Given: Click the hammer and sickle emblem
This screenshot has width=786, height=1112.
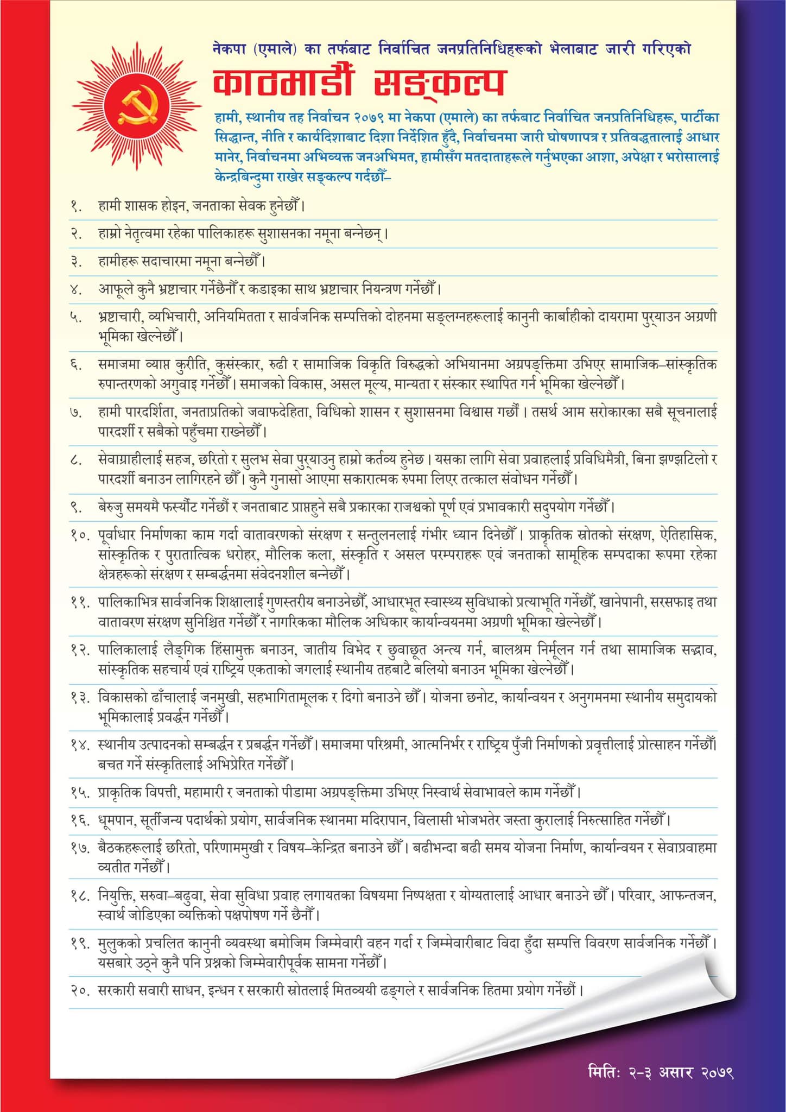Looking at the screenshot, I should coord(137,104).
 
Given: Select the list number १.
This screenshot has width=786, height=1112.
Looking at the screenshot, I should coord(76,207).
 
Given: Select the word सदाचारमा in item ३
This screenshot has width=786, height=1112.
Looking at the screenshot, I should coord(166,262).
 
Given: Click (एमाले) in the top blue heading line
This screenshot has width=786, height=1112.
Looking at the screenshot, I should coord(275,49).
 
